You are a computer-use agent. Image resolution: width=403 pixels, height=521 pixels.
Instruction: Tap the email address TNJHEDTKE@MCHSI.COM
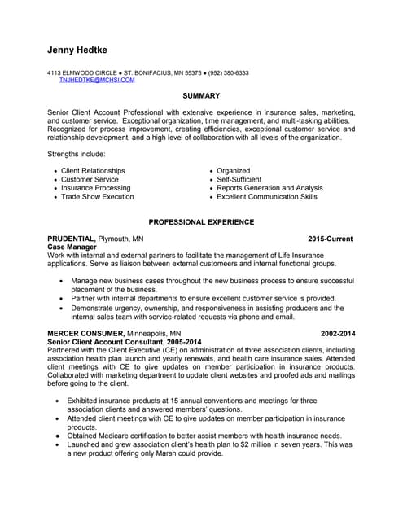pyautogui.click(x=97, y=81)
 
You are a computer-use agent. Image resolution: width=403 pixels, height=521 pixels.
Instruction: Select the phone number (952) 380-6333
pyautogui.click(x=228, y=73)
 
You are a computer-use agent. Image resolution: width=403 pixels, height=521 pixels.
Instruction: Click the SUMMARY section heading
pyautogui.click(x=201, y=96)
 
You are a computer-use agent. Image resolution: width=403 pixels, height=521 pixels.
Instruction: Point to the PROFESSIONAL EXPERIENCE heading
pyautogui.click(x=201, y=222)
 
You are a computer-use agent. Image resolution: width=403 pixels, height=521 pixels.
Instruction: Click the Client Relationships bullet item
pyautogui.click(x=93, y=171)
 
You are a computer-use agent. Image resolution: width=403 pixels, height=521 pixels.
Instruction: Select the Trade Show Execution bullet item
pyautogui.click(x=97, y=197)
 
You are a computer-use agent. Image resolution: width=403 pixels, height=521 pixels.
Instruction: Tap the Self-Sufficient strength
pyautogui.click(x=239, y=180)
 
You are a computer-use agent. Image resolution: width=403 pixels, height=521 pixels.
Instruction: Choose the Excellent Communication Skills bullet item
pyautogui.click(x=267, y=197)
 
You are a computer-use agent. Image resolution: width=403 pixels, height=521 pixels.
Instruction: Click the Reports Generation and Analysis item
pyautogui.click(x=269, y=188)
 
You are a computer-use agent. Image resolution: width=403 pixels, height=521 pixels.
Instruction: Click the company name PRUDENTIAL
pyautogui.click(x=72, y=239)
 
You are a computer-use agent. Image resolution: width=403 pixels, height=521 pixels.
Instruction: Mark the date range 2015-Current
pyautogui.click(x=330, y=239)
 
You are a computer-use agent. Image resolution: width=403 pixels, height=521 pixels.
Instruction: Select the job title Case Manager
pyautogui.click(x=72, y=247)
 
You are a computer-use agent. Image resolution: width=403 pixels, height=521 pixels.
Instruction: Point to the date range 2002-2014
pyautogui.click(x=336, y=334)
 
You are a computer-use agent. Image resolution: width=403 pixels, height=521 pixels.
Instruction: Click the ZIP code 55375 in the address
pyautogui.click(x=194, y=73)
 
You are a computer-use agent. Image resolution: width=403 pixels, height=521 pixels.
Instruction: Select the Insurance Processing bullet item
pyautogui.click(x=95, y=188)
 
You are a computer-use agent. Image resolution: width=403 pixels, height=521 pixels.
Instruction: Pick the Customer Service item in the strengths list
pyautogui.click(x=90, y=180)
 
